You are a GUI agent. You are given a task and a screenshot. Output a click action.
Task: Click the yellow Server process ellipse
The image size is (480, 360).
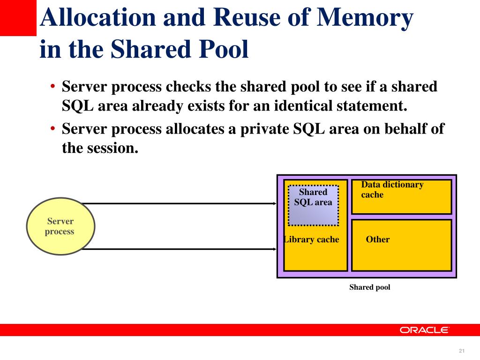(60, 226)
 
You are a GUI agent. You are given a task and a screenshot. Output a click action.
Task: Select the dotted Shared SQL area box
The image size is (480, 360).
(313, 205)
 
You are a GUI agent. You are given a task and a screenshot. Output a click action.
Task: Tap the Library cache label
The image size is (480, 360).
(311, 240)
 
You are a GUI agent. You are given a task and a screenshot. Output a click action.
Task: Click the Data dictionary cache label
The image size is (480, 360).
(392, 189)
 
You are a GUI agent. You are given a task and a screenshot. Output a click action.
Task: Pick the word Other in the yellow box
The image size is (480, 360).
(378, 240)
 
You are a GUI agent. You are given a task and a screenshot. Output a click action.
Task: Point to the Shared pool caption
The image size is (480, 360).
(369, 287)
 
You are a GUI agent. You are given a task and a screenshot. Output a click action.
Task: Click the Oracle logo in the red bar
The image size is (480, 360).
(425, 330)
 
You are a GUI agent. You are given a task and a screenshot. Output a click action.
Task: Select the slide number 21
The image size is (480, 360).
(461, 352)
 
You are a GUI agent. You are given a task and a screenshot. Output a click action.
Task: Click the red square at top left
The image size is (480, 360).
(18, 18)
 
